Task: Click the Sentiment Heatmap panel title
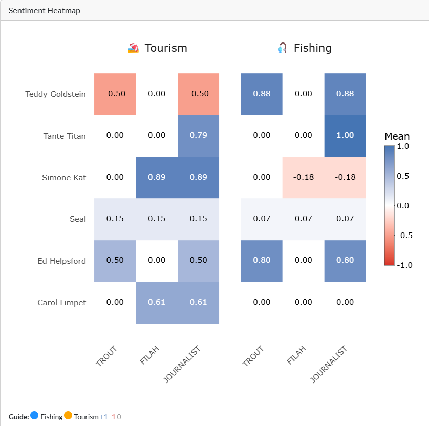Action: (44, 10)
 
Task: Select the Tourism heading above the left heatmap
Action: (165, 48)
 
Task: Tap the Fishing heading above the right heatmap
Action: (312, 48)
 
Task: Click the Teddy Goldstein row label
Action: (55, 94)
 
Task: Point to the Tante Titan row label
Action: (65, 136)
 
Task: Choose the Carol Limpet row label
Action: (61, 302)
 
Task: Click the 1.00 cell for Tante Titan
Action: (345, 136)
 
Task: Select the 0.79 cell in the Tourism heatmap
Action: (198, 136)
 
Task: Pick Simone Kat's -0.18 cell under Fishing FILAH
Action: (303, 177)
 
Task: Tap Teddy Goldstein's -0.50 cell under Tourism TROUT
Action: (115, 94)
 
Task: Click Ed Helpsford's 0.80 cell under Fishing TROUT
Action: (262, 260)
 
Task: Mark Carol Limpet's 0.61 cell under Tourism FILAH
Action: (157, 302)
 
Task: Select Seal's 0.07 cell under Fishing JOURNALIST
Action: (345, 219)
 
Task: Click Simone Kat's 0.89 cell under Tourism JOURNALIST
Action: (198, 177)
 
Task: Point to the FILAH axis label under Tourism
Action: (149, 355)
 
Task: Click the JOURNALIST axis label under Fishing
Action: (329, 364)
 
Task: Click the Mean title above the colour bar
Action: (397, 136)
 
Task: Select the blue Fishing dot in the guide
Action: (34, 416)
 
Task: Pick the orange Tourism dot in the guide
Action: (68, 416)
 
